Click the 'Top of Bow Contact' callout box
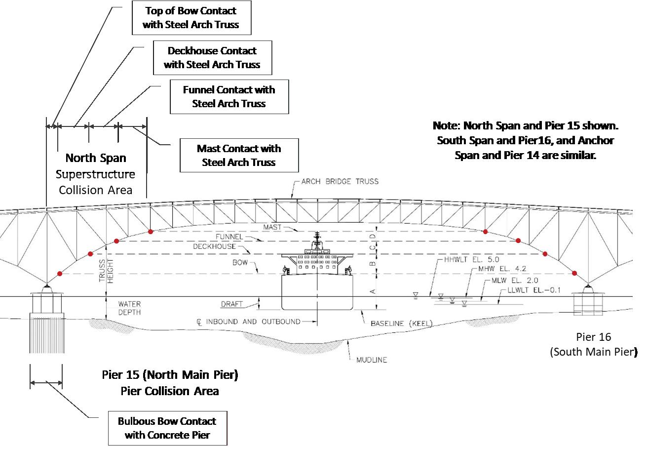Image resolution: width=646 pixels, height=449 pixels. point(191,18)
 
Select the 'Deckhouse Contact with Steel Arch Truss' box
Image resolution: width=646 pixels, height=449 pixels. point(212,58)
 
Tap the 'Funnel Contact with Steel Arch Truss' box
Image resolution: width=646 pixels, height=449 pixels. point(228,97)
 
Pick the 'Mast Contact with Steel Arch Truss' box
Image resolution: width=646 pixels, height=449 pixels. point(239,156)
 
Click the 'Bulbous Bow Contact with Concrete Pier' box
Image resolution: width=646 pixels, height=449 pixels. point(167,428)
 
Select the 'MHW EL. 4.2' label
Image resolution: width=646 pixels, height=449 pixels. point(496,270)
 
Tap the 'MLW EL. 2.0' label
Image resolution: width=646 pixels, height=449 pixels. point(512,281)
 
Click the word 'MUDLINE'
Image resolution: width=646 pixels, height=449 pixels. point(372,360)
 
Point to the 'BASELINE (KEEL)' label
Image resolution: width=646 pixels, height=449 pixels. point(401,324)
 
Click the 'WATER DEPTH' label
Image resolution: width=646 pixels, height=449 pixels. point(129,308)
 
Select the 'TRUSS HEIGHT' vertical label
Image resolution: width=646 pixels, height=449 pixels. point(106,271)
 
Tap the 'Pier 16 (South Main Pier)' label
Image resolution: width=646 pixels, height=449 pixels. point(593,344)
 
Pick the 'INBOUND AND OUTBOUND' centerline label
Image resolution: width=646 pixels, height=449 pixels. point(252,322)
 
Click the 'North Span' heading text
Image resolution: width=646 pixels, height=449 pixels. point(96,158)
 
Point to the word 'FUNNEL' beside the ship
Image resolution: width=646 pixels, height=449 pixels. point(228,237)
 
